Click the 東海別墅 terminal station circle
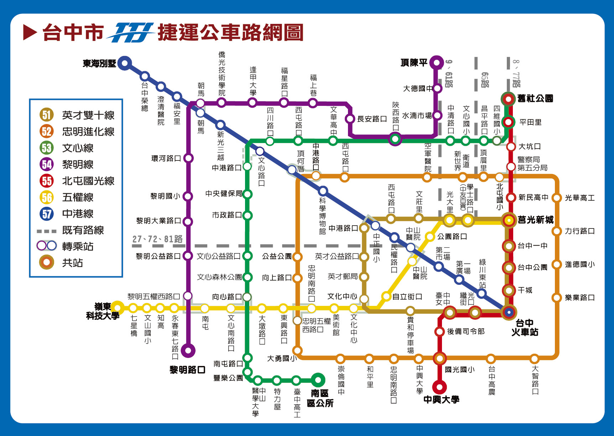point(125,63)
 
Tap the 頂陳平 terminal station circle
point(437,63)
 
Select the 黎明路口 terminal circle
point(188,350)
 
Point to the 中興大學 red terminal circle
point(439,387)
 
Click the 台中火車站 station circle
point(509,312)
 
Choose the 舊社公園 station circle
point(508,99)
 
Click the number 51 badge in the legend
point(47,115)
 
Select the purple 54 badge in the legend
point(47,164)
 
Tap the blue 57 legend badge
point(47,214)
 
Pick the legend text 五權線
point(78,197)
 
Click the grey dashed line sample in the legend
point(47,231)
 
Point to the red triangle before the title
point(30,32)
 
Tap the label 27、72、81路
point(157,239)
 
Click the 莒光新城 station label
point(536,220)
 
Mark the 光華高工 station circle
point(556,198)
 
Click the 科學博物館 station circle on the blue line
point(323,191)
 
